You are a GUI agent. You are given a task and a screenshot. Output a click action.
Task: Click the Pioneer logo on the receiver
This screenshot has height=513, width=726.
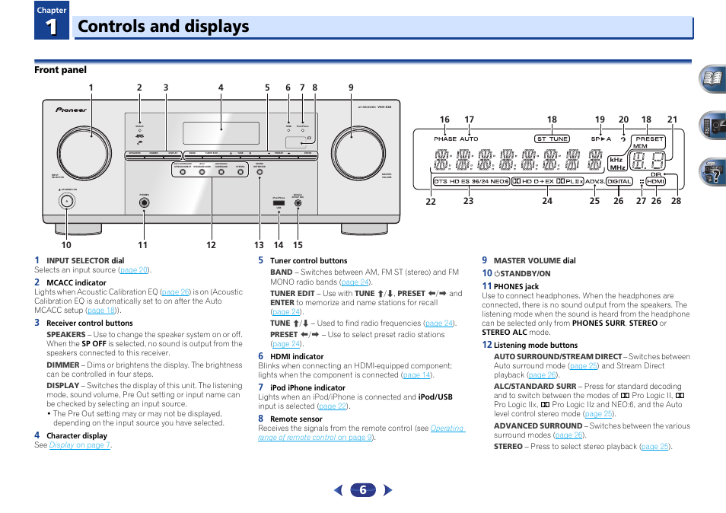(x=71, y=109)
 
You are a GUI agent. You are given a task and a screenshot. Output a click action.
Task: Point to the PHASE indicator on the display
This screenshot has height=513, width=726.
(x=445, y=139)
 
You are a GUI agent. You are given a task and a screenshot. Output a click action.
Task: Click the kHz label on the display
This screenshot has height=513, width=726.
(x=616, y=160)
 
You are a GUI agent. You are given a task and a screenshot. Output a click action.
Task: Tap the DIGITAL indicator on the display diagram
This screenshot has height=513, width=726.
(x=619, y=181)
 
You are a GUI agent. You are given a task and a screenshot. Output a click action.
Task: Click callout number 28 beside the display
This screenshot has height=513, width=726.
(x=676, y=201)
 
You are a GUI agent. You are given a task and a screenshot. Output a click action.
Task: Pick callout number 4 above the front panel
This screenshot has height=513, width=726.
(x=221, y=88)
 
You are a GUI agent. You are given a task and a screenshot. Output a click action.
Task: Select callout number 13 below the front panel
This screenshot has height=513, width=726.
(x=260, y=245)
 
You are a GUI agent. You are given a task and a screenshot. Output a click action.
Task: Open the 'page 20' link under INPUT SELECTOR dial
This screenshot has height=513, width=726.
(x=135, y=270)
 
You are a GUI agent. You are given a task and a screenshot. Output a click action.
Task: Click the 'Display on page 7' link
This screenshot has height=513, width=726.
(x=80, y=445)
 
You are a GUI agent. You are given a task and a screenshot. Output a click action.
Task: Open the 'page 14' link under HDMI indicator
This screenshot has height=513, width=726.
(x=416, y=375)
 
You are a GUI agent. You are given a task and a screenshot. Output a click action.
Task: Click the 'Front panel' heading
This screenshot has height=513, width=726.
(x=60, y=70)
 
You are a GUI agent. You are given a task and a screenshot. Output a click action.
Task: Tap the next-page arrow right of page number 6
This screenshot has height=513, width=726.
(x=388, y=491)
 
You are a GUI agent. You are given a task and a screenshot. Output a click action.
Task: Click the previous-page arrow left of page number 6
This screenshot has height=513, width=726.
(x=339, y=491)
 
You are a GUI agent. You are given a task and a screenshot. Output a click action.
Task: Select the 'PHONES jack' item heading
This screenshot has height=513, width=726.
(x=516, y=287)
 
